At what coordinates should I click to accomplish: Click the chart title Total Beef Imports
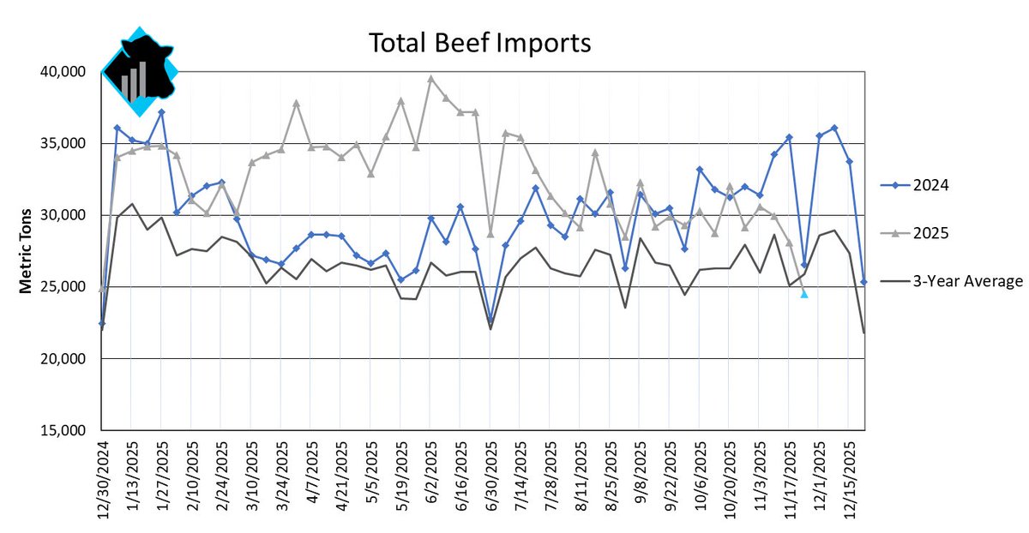point(479,43)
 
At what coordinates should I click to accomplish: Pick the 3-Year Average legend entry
point(952,280)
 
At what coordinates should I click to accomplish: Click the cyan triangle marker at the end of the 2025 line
point(804,294)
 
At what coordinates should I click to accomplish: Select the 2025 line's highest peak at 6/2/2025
point(430,78)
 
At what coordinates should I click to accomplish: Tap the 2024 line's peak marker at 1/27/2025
point(161,112)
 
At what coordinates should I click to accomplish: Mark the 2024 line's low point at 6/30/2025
point(490,320)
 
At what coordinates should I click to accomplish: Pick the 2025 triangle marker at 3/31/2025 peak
point(296,103)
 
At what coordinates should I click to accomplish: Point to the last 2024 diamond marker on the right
point(864,282)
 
